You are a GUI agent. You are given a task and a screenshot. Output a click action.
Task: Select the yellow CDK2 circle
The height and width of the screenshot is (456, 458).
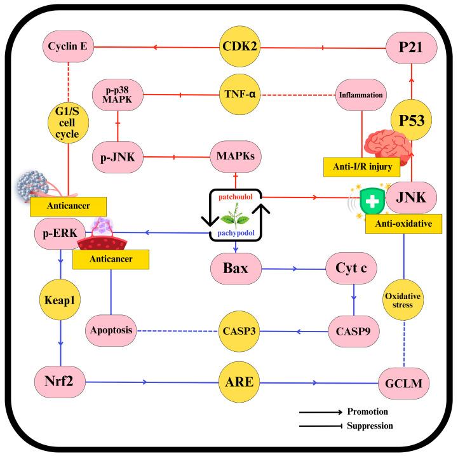236,46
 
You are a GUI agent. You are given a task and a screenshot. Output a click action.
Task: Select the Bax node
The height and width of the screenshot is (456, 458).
236,268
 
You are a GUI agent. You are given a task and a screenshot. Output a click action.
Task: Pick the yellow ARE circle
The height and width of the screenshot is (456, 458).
236,382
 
